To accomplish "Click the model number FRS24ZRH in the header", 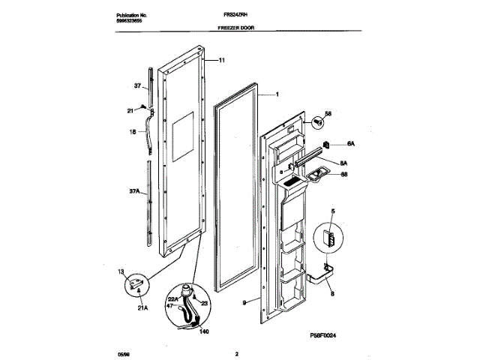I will click(x=229, y=14).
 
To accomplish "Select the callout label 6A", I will click(x=350, y=144).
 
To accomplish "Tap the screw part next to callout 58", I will click(x=319, y=118).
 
